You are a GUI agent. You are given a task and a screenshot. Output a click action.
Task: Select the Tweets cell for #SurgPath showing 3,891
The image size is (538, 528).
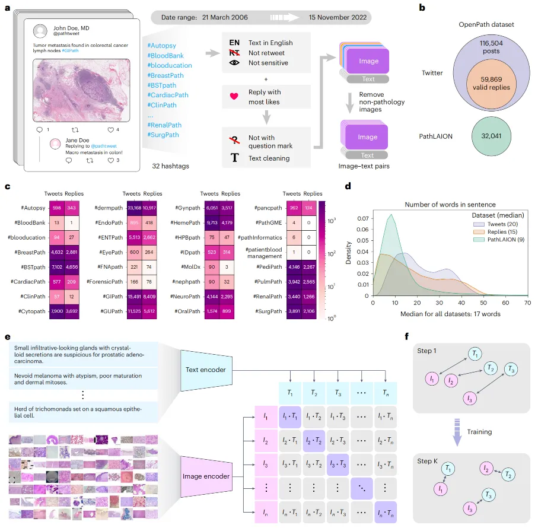[x=292, y=311]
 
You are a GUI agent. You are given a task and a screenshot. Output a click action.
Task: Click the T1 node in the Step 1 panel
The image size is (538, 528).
[x=475, y=355]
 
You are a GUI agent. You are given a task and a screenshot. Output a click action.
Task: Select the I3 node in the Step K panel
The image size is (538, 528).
[x=469, y=508]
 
